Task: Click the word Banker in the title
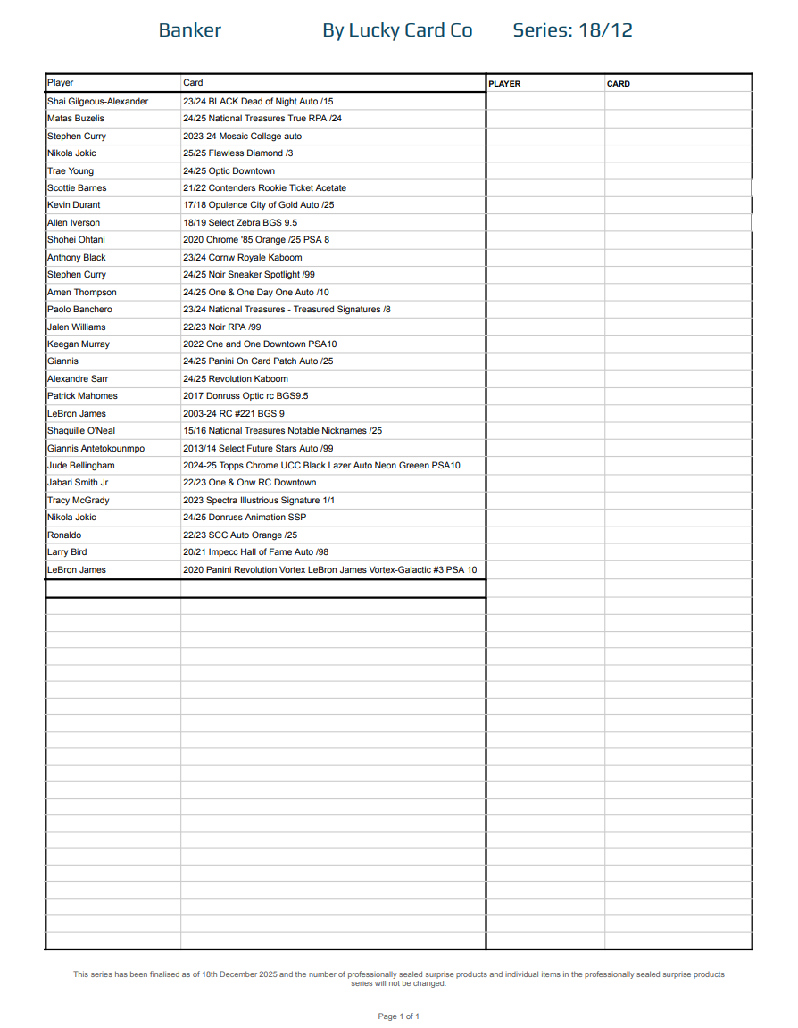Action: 189,30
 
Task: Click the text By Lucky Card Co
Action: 397,30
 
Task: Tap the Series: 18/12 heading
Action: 572,30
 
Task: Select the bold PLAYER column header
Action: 504,84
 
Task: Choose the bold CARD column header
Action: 618,84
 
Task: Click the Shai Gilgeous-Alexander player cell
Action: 98,102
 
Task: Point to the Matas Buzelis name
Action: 76,119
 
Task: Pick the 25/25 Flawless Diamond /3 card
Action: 238,153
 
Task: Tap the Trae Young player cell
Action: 71,171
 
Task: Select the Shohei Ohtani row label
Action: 76,240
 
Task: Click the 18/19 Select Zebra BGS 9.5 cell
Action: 240,223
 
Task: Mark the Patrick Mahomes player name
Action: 82,396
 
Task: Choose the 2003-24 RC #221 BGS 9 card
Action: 234,414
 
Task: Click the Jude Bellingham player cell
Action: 81,466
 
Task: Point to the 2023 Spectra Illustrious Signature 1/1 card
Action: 259,501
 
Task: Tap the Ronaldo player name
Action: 64,535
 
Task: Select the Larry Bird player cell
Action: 67,552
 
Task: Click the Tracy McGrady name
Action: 79,501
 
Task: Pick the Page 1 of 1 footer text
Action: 398,1016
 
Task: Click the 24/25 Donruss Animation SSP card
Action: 245,518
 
